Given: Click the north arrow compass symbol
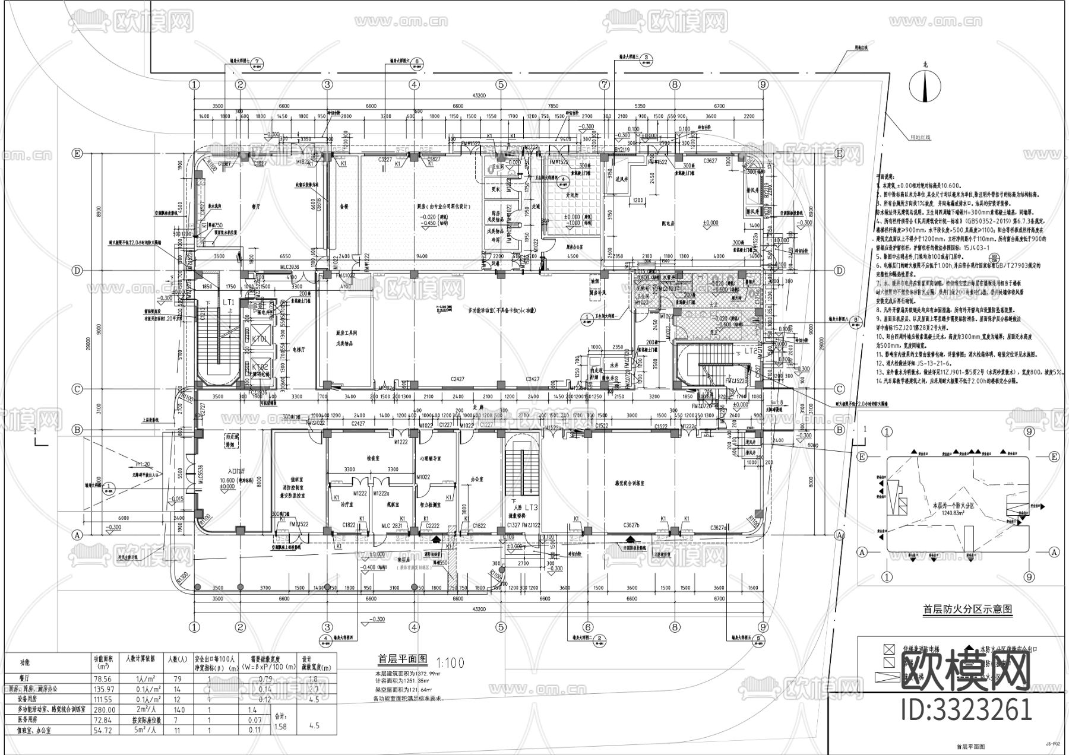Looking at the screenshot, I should point(925,85).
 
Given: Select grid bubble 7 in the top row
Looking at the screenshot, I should point(605,84).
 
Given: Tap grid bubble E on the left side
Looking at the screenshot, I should point(77,153).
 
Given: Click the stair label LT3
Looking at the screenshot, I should point(530,507).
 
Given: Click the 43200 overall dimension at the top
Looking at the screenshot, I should point(479,96).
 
